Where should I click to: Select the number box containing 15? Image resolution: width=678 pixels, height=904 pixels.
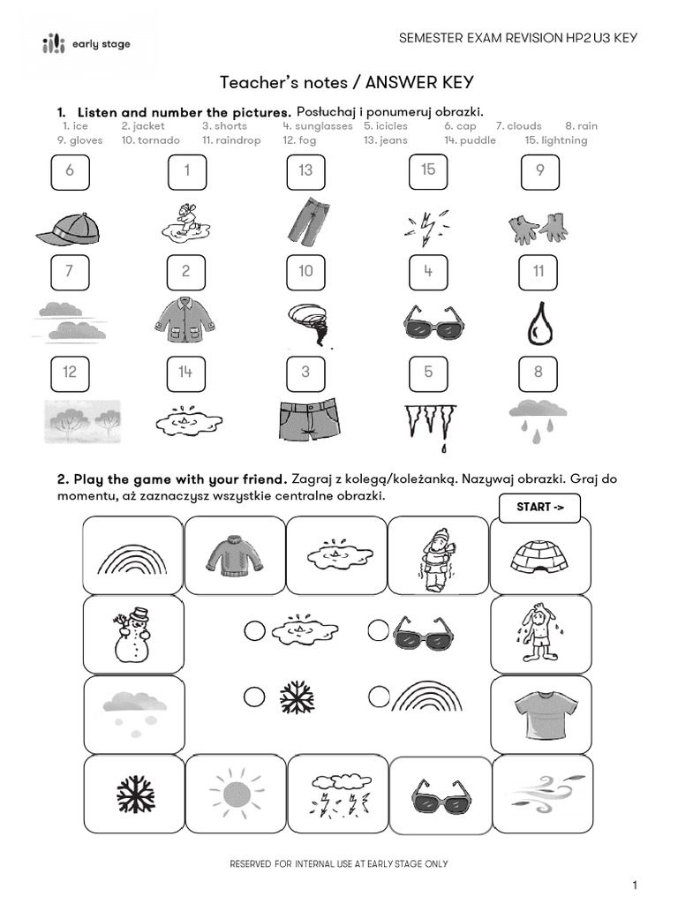point(428,170)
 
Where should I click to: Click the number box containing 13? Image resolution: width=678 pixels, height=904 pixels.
point(305,171)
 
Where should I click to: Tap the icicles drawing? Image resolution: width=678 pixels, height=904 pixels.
point(429,422)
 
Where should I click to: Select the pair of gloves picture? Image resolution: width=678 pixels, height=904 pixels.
point(538,229)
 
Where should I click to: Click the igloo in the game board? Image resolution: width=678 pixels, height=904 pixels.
point(540,555)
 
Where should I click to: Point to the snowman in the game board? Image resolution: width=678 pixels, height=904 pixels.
point(132,633)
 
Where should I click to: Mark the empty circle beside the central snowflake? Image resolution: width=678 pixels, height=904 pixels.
point(254,697)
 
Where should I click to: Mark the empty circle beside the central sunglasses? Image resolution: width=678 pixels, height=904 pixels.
point(379,630)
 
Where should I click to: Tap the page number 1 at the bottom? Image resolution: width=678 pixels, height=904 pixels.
point(634,885)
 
